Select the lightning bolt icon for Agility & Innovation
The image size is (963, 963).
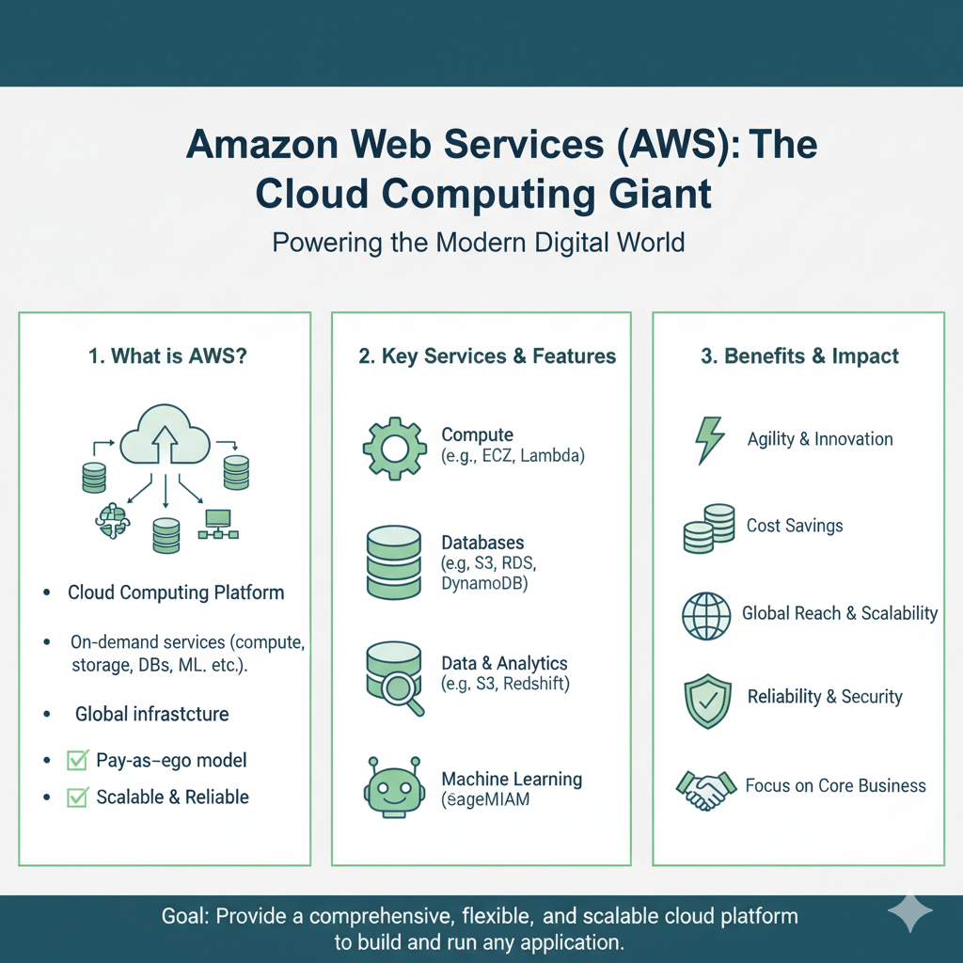(707, 440)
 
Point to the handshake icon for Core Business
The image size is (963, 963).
(706, 788)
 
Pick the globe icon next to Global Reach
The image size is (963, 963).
(706, 616)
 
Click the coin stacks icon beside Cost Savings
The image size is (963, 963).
(709, 529)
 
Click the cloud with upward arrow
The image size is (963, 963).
(166, 434)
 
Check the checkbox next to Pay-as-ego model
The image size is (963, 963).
(77, 761)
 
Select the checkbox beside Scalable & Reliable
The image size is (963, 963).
(77, 797)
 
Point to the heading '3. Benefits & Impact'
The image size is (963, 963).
(799, 356)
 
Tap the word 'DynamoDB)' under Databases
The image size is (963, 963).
(484, 584)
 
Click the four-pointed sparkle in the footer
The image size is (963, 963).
(910, 912)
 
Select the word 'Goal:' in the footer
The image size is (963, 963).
(185, 916)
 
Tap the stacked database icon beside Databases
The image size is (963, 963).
(393, 561)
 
